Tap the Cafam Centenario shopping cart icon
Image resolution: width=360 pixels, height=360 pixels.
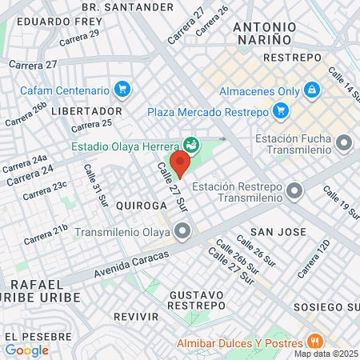point(122,89)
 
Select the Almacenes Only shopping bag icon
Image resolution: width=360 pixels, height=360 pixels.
point(312,90)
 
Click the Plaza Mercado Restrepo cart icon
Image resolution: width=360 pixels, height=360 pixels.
point(280,110)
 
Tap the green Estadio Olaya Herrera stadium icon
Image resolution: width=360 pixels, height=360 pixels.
point(190,145)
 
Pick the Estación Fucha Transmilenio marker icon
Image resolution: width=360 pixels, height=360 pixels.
point(345,143)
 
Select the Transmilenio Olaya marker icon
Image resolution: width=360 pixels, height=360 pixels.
point(183,233)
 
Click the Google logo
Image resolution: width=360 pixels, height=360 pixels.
point(26,350)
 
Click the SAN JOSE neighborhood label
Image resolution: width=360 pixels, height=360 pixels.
point(278,231)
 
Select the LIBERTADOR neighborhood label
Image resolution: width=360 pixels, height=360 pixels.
point(86,110)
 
